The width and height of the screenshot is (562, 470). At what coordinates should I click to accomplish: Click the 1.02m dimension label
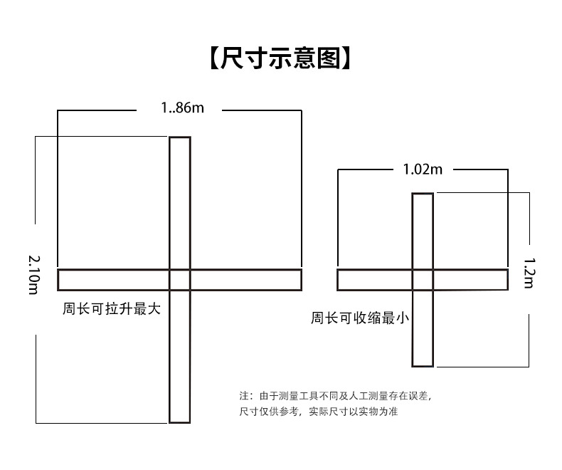tap(423, 169)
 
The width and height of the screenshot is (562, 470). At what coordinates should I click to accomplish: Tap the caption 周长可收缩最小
tap(359, 318)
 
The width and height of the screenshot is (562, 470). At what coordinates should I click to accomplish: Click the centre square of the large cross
tap(180, 279)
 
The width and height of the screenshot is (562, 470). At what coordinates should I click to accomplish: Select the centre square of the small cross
tap(423, 279)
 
